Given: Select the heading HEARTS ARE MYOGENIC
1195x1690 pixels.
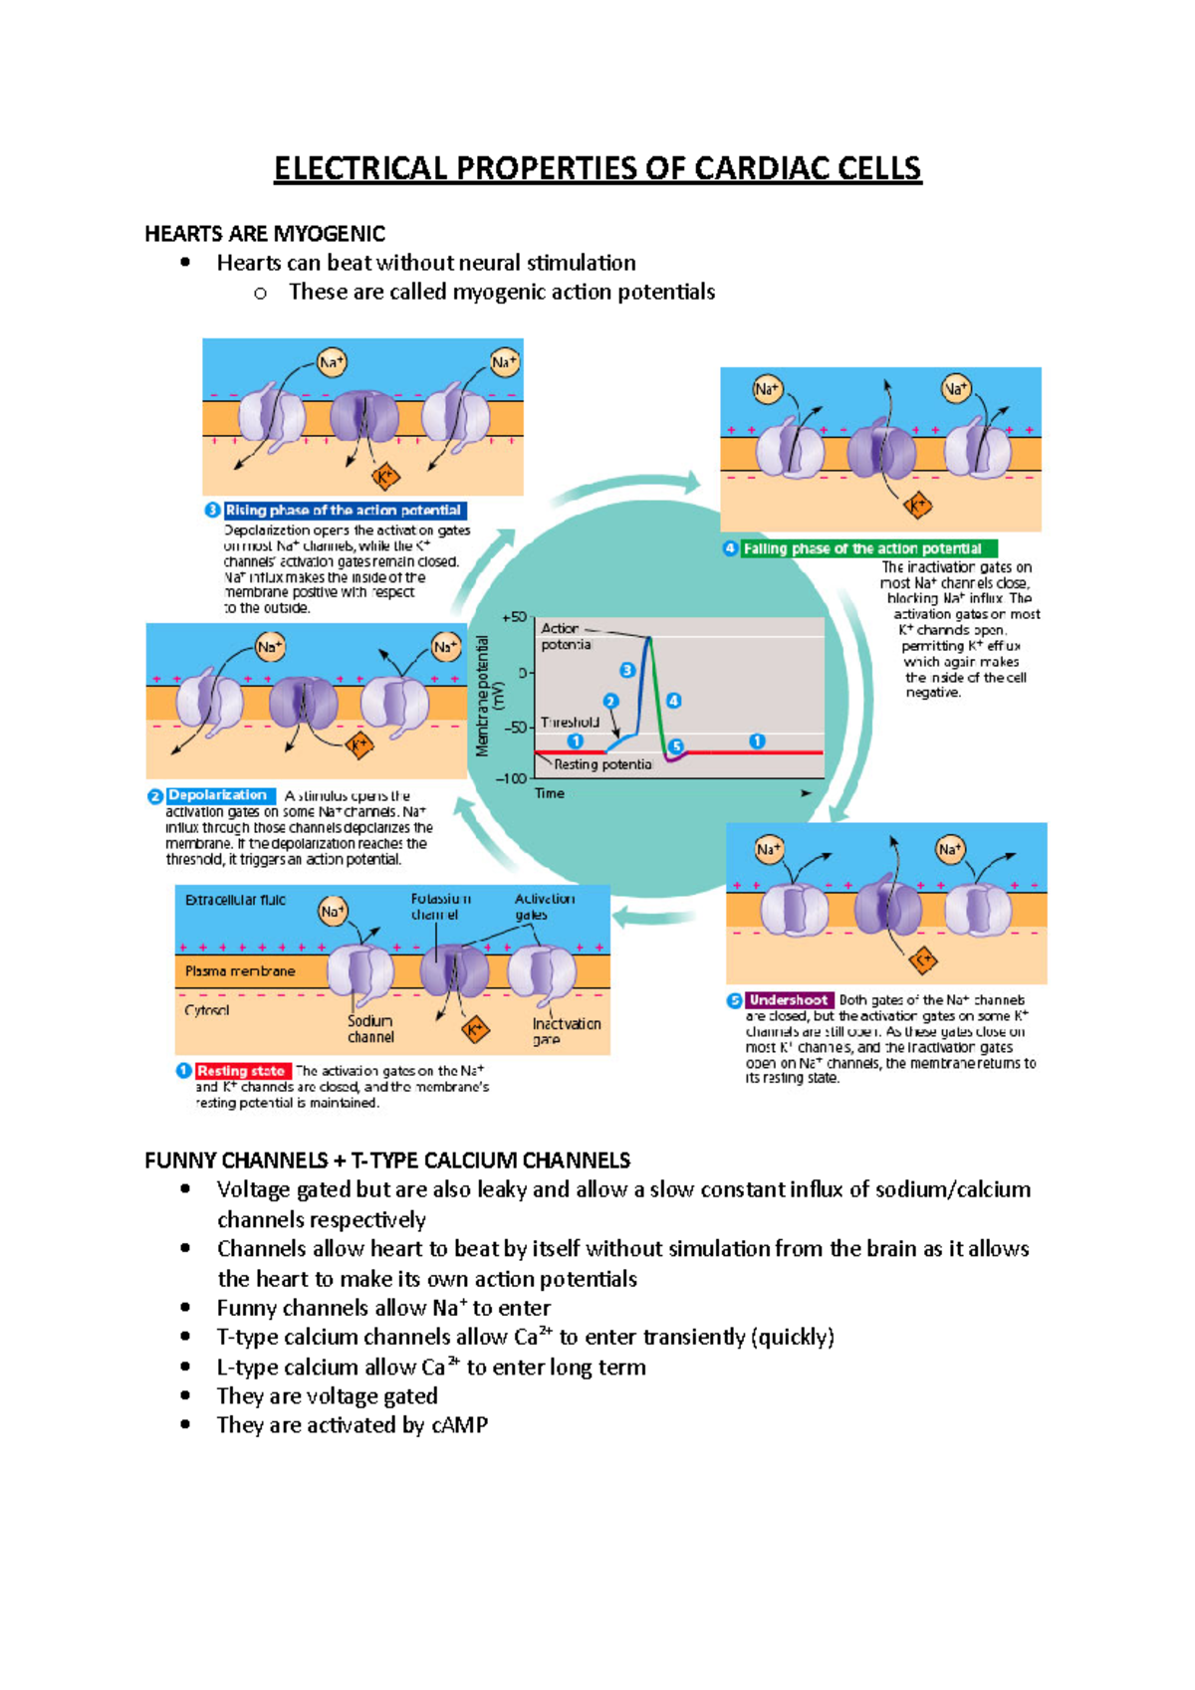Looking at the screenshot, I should [265, 234].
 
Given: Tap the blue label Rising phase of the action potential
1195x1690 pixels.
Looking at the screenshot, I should [344, 511].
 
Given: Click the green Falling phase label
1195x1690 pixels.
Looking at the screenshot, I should [862, 548].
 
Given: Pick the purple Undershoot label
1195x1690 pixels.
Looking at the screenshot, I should [788, 1000].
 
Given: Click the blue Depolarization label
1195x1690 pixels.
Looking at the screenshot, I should [217, 795].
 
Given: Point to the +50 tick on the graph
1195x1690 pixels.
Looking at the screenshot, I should [514, 617].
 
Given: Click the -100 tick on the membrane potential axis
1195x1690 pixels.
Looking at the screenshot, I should [511, 778].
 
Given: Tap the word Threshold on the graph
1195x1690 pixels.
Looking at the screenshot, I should [570, 723].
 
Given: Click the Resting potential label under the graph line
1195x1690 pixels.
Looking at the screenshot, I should [602, 764].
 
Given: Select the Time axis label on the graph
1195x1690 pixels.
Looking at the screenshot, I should [550, 793].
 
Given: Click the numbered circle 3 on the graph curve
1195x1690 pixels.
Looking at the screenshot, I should [627, 670].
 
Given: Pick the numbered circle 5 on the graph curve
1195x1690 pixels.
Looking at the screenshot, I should [676, 746].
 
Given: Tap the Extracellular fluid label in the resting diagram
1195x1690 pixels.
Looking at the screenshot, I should [235, 900].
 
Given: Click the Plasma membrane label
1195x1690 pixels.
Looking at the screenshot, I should [240, 970].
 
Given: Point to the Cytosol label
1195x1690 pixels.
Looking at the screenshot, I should [207, 1010].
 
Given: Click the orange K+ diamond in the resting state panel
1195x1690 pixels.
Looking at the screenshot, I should [476, 1029].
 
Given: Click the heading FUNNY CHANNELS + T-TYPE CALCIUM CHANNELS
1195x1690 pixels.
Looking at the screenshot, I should [387, 1161].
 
